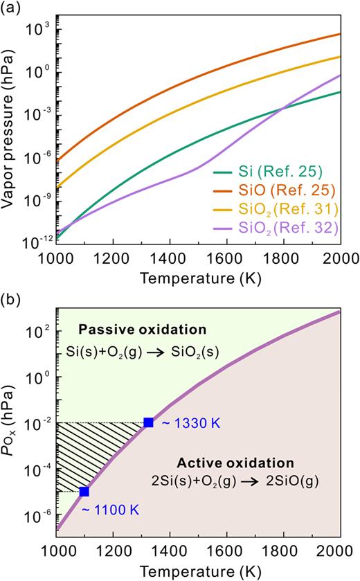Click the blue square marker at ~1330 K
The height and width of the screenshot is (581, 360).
(148, 422)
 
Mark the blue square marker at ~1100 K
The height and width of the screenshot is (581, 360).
(84, 492)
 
